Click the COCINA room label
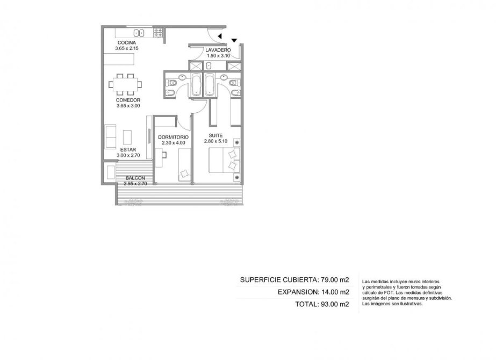(127, 42)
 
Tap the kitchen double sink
(139, 33)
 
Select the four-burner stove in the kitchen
(158, 33)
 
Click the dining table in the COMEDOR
(125, 84)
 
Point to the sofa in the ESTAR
(110, 136)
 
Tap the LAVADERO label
(218, 50)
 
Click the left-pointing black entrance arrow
(220, 36)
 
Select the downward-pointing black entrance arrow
(234, 40)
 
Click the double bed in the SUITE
(224, 161)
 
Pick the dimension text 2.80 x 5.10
(215, 141)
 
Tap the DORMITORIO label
(174, 138)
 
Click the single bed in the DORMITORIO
(184, 164)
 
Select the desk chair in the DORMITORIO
(166, 155)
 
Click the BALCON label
(135, 178)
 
